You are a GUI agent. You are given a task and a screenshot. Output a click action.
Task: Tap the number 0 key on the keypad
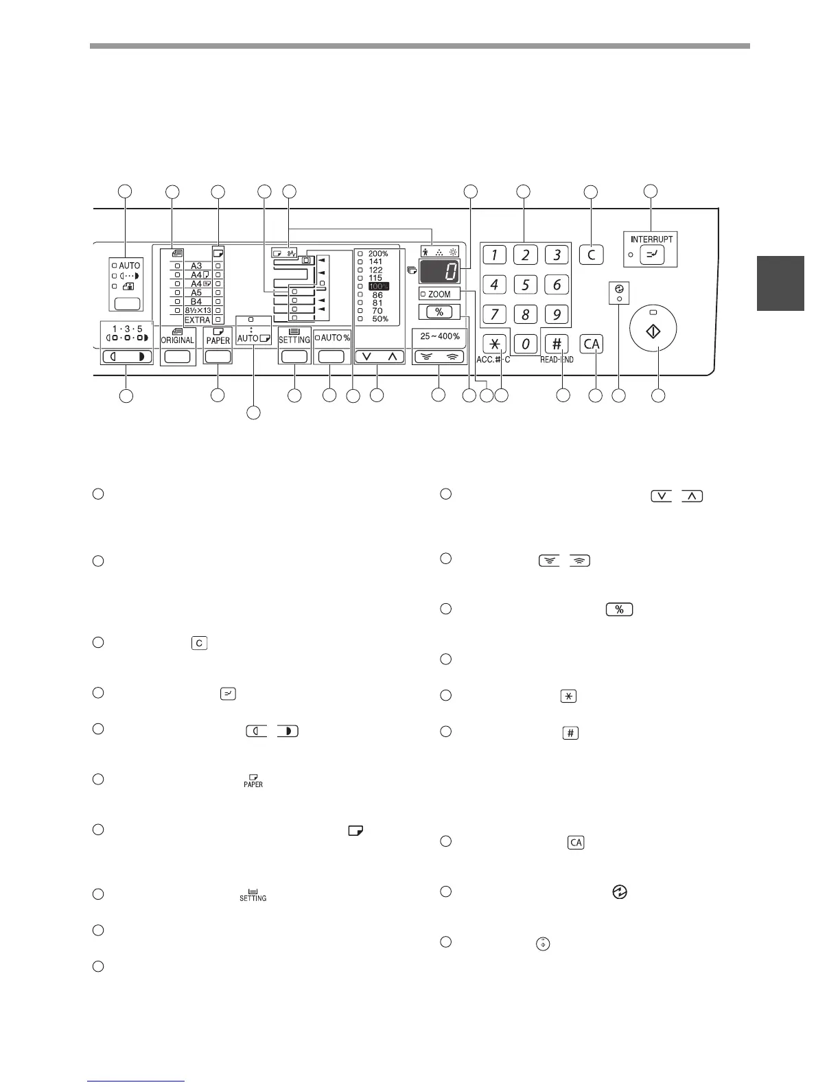click(x=525, y=343)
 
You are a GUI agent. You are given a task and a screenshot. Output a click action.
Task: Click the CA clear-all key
click(x=592, y=343)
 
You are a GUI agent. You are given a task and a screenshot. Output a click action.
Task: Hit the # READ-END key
click(x=557, y=343)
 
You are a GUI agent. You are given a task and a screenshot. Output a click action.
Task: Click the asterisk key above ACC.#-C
click(x=493, y=343)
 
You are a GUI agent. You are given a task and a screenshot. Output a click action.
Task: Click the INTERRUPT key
click(x=651, y=255)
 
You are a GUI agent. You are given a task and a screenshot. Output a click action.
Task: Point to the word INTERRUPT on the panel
click(x=651, y=239)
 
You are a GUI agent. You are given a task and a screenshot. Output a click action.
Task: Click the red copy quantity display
click(x=440, y=272)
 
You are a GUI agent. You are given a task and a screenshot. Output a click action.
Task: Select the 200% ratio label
click(x=378, y=254)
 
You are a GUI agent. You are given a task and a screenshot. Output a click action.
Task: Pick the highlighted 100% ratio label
click(x=378, y=286)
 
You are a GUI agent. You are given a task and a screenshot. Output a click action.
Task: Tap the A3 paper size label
click(x=196, y=266)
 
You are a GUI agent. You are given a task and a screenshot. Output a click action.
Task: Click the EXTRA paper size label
click(x=197, y=320)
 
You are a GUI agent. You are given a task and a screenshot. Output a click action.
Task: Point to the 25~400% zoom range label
click(x=440, y=336)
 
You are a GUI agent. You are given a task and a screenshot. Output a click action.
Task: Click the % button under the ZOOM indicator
click(x=439, y=312)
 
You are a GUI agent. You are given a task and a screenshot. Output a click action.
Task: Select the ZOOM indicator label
click(x=439, y=294)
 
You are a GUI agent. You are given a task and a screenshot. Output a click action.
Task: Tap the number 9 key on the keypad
click(x=557, y=314)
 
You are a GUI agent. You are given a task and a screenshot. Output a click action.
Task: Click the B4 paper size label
click(x=196, y=301)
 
